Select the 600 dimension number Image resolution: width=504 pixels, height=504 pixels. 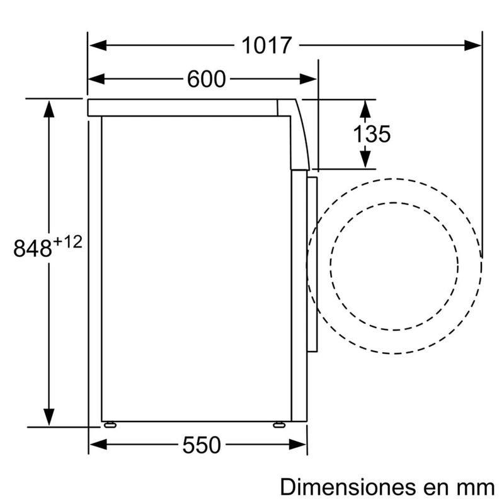coord(206,79)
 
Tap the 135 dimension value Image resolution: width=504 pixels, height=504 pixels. coord(371,134)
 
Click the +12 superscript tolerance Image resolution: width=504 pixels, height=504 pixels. coord(67,241)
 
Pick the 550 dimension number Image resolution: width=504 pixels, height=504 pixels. coord(202,445)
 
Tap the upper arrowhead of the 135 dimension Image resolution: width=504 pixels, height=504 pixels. coord(364,108)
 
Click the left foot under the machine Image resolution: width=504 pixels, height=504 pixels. coord(111,424)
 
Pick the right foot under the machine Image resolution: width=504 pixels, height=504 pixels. coord(278,424)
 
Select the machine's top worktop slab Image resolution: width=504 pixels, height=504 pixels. coord(183,108)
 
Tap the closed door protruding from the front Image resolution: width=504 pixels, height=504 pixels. coord(312,261)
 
